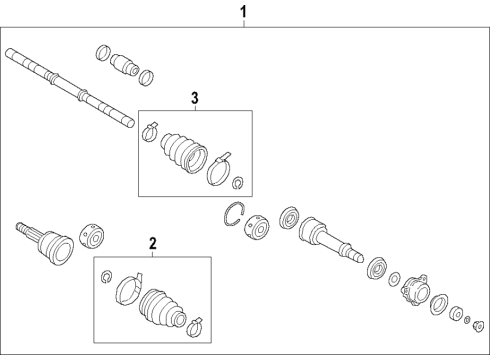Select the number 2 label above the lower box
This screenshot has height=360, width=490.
point(152,243)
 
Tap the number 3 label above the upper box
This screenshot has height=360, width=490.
point(195,97)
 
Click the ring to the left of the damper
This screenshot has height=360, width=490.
point(103,52)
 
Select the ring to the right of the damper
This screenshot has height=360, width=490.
point(147,76)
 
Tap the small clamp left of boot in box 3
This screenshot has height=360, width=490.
point(150,128)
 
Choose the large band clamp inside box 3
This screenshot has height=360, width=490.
point(219,167)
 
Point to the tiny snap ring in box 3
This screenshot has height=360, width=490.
point(238,182)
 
